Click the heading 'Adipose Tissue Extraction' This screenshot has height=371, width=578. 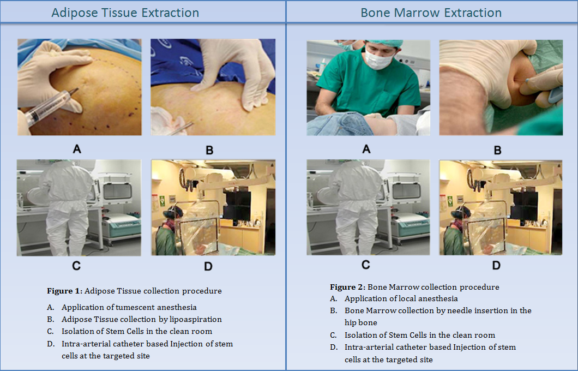pyautogui.click(x=125, y=13)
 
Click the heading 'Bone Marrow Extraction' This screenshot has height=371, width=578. pyautogui.click(x=431, y=13)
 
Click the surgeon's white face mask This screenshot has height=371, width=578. pyautogui.click(x=378, y=59)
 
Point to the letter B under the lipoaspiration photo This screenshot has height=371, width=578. pyautogui.click(x=209, y=150)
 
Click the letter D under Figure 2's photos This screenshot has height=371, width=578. pyautogui.click(x=496, y=266)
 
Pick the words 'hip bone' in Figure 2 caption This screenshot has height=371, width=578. pyautogui.click(x=361, y=322)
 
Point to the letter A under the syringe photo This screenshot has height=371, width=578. pyautogui.click(x=77, y=149)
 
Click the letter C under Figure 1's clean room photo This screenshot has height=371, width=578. pyautogui.click(x=76, y=266)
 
